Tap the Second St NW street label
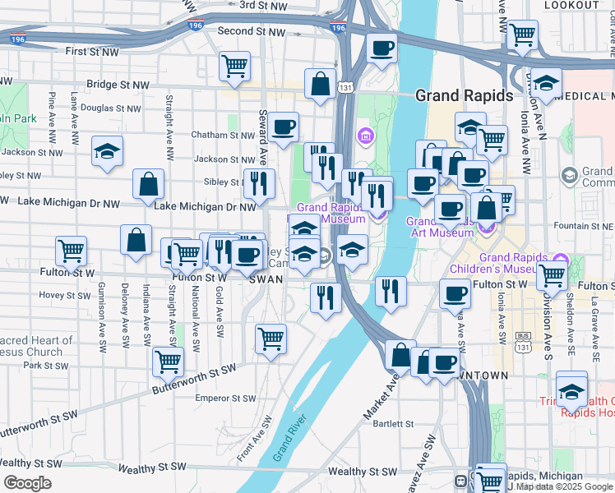click(252, 31)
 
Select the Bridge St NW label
click(118, 85)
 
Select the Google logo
click(27, 483)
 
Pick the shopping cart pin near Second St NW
click(235, 65)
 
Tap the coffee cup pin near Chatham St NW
click(283, 127)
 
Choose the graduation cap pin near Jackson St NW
click(107, 151)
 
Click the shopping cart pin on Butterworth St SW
click(168, 360)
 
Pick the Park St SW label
click(39, 364)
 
